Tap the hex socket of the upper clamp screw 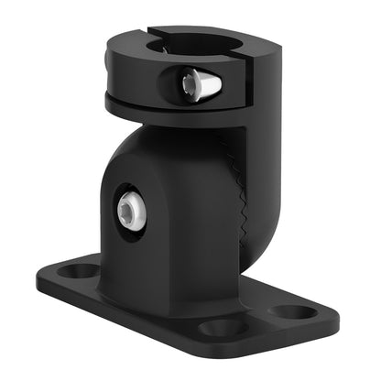click(x=189, y=84)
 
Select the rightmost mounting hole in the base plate click(x=293, y=312)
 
